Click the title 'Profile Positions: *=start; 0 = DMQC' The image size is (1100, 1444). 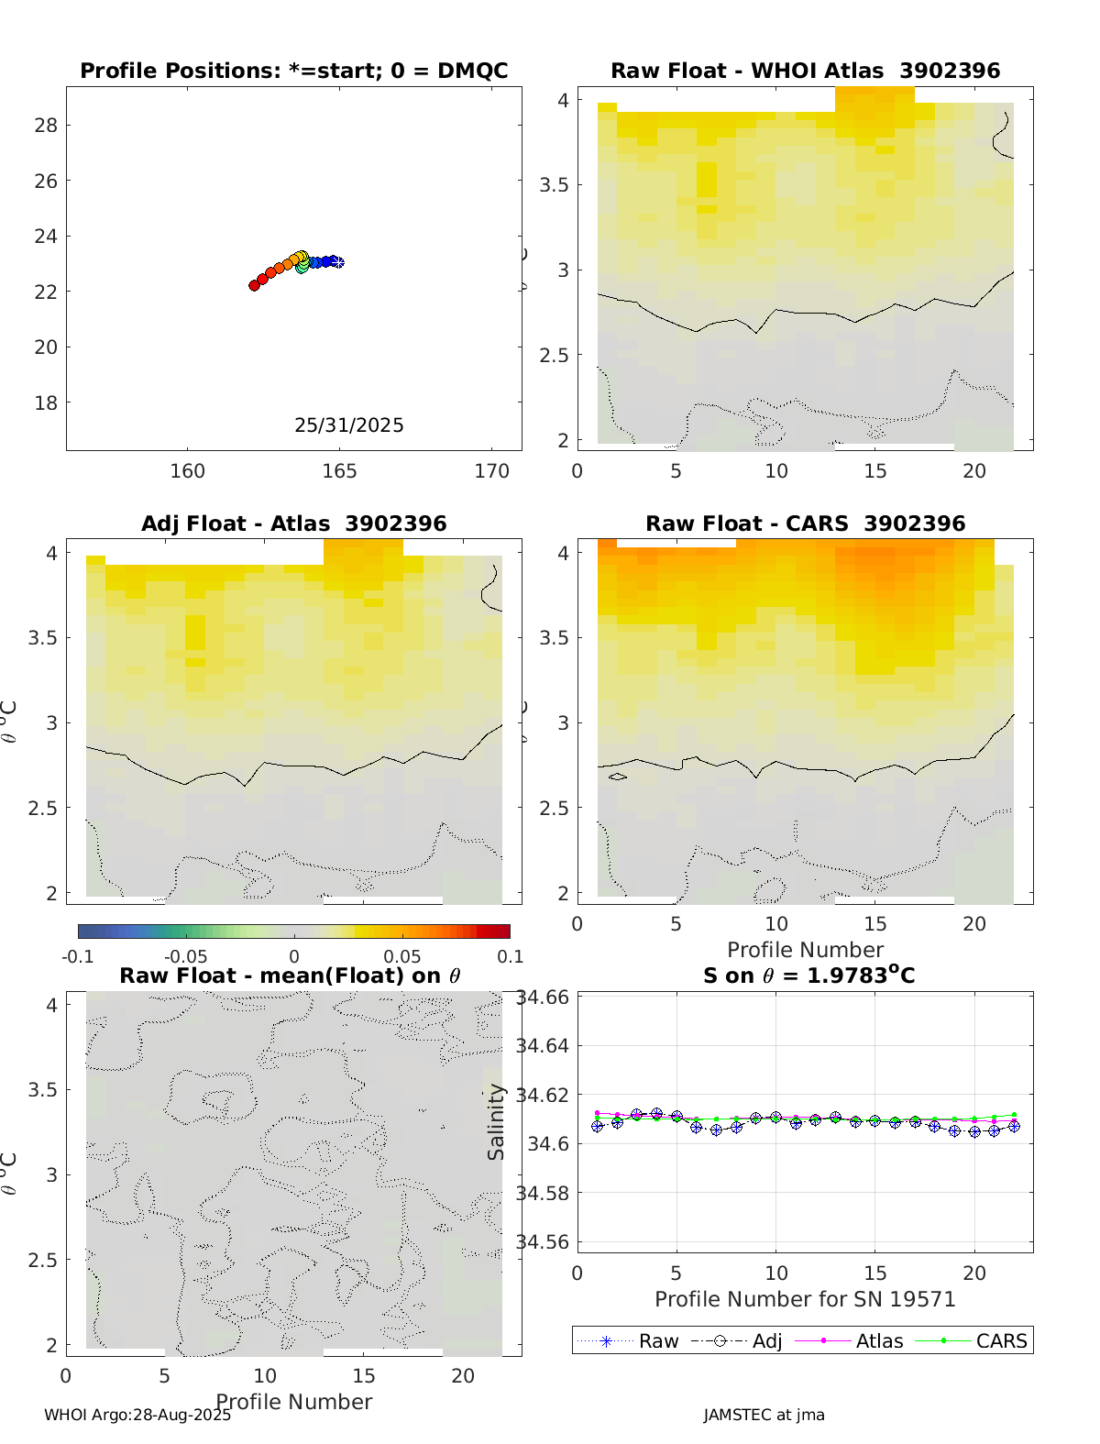click(x=293, y=71)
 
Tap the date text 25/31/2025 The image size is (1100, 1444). click(x=348, y=425)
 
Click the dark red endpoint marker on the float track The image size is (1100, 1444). click(x=254, y=286)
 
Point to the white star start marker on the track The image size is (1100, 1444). click(x=338, y=262)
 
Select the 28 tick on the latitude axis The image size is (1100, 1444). click(x=46, y=126)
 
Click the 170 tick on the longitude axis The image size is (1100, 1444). click(x=491, y=471)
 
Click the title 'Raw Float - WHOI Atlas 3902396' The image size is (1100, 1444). click(x=805, y=71)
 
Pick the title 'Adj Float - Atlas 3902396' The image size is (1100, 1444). click(x=293, y=524)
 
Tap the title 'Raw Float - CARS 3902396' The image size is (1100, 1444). click(x=805, y=524)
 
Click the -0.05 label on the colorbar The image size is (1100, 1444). click(x=185, y=957)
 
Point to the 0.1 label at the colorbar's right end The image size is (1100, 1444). click(x=511, y=957)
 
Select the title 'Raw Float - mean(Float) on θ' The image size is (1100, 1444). click(x=290, y=976)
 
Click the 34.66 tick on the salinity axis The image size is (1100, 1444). click(x=544, y=998)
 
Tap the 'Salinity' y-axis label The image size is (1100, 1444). click(x=496, y=1122)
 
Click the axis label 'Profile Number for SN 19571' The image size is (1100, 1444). click(x=805, y=1299)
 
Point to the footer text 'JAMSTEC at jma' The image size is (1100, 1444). click(x=764, y=1415)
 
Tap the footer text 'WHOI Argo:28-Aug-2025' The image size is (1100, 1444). click(x=137, y=1415)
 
